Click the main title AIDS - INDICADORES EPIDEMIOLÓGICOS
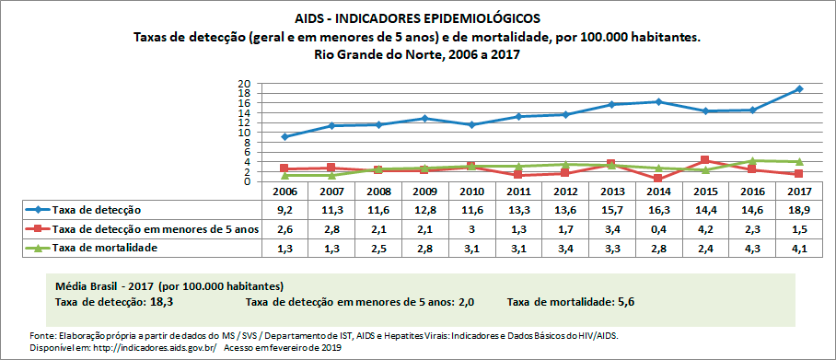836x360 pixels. pyautogui.click(x=418, y=18)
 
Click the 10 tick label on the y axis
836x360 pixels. pyautogui.click(x=245, y=133)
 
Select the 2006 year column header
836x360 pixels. pyautogui.click(x=284, y=191)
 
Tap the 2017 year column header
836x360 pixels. pyautogui.click(x=799, y=191)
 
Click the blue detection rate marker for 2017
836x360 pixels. pyautogui.click(x=799, y=89)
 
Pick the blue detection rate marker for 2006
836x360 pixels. pyautogui.click(x=284, y=136)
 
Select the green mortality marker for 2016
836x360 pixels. pyautogui.click(x=752, y=160)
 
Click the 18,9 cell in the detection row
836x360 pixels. pyautogui.click(x=799, y=211)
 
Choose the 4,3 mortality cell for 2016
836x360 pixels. pyautogui.click(x=752, y=249)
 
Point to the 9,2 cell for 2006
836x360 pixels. pyautogui.click(x=284, y=211)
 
